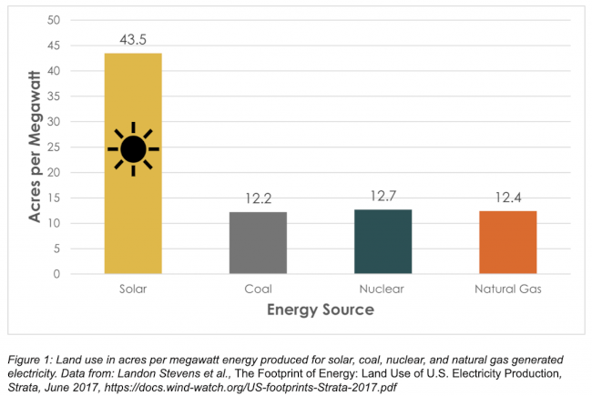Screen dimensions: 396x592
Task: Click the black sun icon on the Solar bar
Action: (134, 148)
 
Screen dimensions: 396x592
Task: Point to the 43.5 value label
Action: (134, 40)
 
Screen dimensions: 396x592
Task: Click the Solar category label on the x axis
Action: (133, 289)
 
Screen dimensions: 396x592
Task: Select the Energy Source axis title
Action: (320, 310)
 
